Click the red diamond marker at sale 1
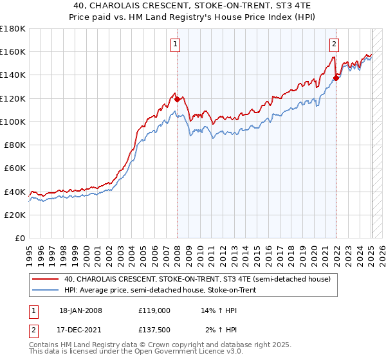point(177,100)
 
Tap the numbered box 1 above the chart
point(176,44)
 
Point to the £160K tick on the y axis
point(14,51)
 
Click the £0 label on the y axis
point(19,238)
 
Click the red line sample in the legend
point(46,279)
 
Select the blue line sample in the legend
point(46,291)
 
